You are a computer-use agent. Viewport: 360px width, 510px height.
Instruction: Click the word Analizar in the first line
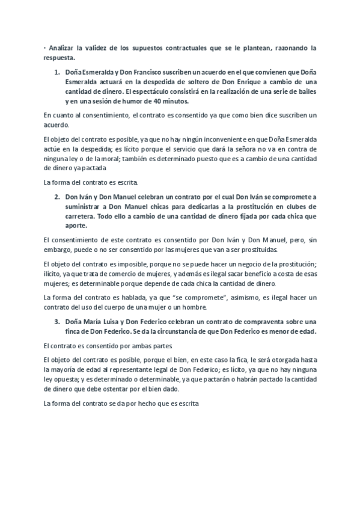[x=63, y=47]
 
